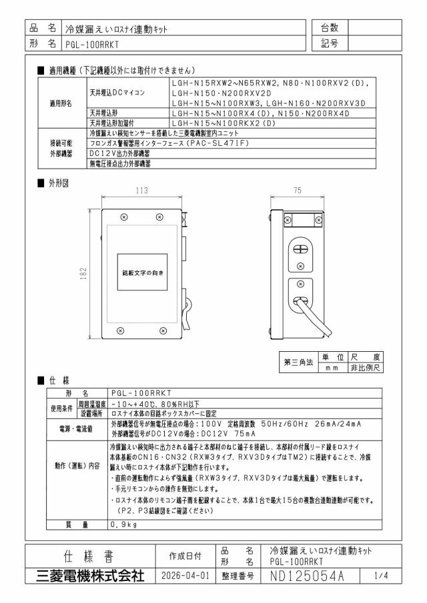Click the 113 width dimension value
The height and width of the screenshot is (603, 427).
click(x=141, y=191)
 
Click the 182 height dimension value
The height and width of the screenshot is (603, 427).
click(x=83, y=274)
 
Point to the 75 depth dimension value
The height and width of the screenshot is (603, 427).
click(x=298, y=191)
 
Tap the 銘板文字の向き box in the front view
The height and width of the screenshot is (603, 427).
click(x=143, y=272)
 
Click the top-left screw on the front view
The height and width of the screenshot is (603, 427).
click(x=124, y=217)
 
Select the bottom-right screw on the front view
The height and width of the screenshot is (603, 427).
click(x=163, y=330)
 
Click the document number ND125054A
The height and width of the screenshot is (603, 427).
click(x=307, y=576)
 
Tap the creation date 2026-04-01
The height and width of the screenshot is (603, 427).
click(x=185, y=576)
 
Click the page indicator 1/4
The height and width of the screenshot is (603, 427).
click(x=381, y=575)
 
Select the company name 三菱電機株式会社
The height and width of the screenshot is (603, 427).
click(x=91, y=576)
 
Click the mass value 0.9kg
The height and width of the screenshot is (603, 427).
click(x=123, y=524)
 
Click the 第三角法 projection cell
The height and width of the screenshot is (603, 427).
click(x=298, y=362)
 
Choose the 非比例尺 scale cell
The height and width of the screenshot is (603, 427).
click(x=365, y=368)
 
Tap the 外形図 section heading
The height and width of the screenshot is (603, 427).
click(x=59, y=183)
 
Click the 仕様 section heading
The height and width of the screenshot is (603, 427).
click(x=59, y=380)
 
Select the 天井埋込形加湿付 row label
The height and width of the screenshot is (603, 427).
click(x=112, y=123)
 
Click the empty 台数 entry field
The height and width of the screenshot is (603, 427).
click(x=375, y=28)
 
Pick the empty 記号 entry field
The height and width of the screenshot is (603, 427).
click(x=375, y=43)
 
